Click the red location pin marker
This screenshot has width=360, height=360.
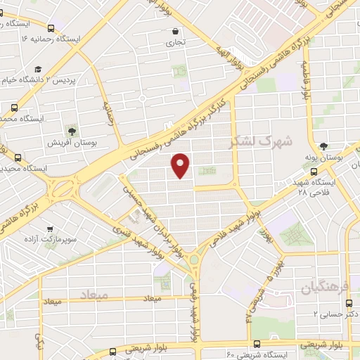tap(181, 165)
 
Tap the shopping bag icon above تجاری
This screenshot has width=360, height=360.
tap(176, 31)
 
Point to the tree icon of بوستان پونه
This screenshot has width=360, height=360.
tap(323, 146)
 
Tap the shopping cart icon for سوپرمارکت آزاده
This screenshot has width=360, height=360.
tap(49, 230)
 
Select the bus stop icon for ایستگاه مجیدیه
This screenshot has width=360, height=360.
tap(18, 157)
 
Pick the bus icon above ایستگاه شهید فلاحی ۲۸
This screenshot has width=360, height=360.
tap(313, 171)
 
